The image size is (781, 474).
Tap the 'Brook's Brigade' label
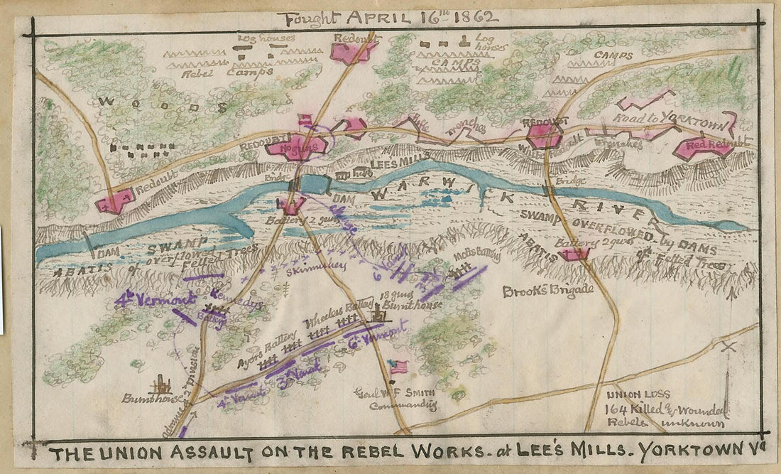537,291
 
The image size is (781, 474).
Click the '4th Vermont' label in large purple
155,300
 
